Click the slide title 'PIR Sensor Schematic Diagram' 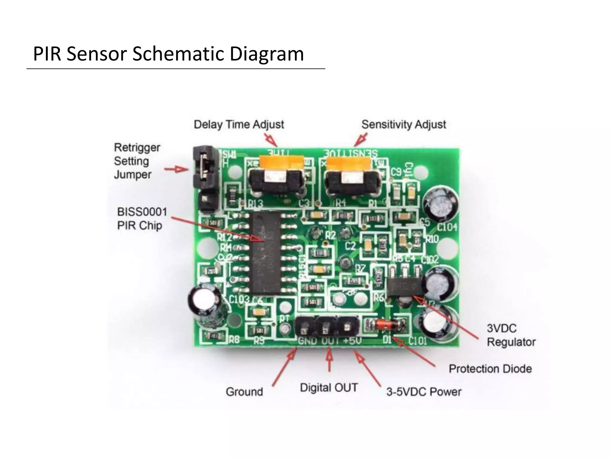(168, 54)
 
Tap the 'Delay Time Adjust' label (239, 124)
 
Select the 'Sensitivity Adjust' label (403, 124)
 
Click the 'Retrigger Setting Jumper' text (137, 161)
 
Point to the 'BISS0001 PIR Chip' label (142, 218)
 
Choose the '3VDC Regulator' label (511, 335)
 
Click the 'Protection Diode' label (490, 369)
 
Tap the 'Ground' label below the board (244, 392)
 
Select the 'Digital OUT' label (329, 388)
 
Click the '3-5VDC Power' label (423, 392)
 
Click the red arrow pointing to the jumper (177, 169)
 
